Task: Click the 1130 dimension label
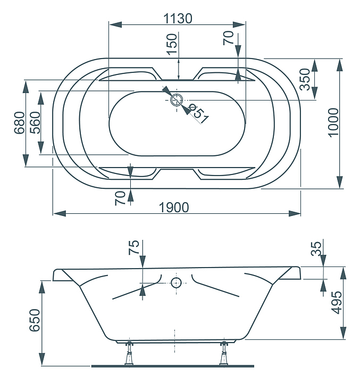[x=178, y=19]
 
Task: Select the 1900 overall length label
[x=174, y=207]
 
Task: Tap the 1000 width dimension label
[x=333, y=123]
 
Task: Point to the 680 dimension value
[x=20, y=123]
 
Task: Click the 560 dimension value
[x=35, y=123]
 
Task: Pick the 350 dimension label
[x=305, y=79]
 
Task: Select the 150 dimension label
[x=171, y=44]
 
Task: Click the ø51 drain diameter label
[x=199, y=114]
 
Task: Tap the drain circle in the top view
[x=177, y=100]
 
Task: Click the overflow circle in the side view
[x=176, y=283]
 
